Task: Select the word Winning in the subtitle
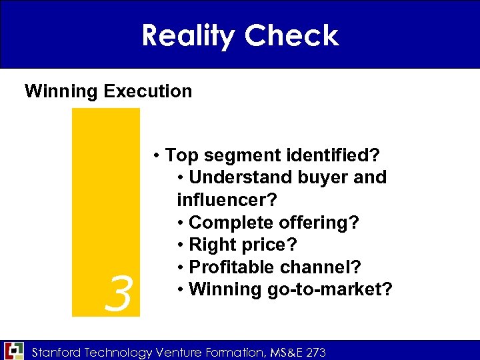coord(61,91)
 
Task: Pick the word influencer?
coord(227,200)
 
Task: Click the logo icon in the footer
coord(14,350)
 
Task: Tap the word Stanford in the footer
coord(57,352)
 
